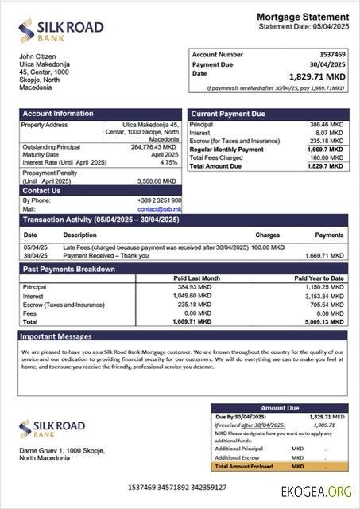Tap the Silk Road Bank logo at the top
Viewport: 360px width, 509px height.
pyautogui.click(x=61, y=31)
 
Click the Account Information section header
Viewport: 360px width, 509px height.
pyautogui.click(x=58, y=114)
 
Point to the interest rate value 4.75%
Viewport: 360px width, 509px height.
pyautogui.click(x=168, y=162)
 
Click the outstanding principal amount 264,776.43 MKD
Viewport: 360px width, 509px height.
pyautogui.click(x=154, y=147)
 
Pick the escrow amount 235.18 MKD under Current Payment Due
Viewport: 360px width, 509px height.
pyautogui.click(x=327, y=141)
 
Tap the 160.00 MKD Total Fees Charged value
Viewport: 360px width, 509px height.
pyautogui.click(x=328, y=157)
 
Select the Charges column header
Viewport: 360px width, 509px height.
pyautogui.click(x=267, y=235)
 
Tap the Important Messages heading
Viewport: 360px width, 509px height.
pyautogui.click(x=57, y=336)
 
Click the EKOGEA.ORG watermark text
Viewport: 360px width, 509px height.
pyautogui.click(x=317, y=491)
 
